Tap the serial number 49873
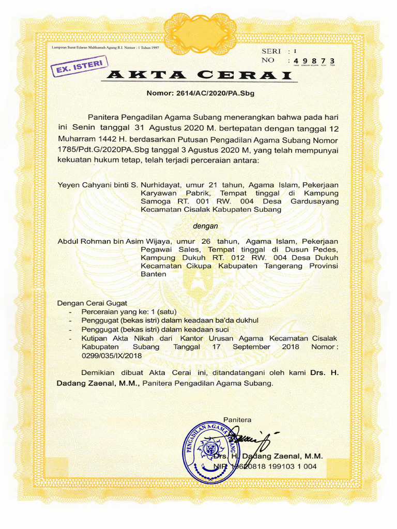pos(314,62)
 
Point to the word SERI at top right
pos(271,51)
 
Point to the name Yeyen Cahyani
pos(82,184)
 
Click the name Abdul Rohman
pos(84,241)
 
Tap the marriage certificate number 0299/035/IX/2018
pos(111,355)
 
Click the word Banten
pos(154,274)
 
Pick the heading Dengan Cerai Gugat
pos(92,303)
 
